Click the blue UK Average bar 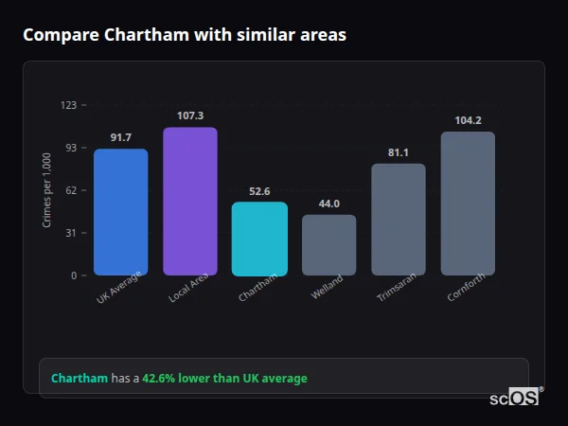(120, 212)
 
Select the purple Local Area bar (190, 202)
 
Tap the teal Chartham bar (259, 239)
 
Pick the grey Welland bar (329, 245)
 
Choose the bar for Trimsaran (399, 220)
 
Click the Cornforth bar (468, 204)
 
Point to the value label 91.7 (120, 137)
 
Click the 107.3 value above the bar (190, 115)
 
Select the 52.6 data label (259, 191)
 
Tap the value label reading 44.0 (329, 204)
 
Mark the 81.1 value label (399, 152)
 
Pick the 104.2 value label (468, 120)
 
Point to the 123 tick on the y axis (68, 105)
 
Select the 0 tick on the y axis (73, 275)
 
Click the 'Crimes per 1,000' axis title (47, 190)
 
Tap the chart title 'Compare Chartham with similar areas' (185, 35)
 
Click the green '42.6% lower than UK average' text (224, 379)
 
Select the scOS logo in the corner (515, 398)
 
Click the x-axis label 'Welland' (328, 288)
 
